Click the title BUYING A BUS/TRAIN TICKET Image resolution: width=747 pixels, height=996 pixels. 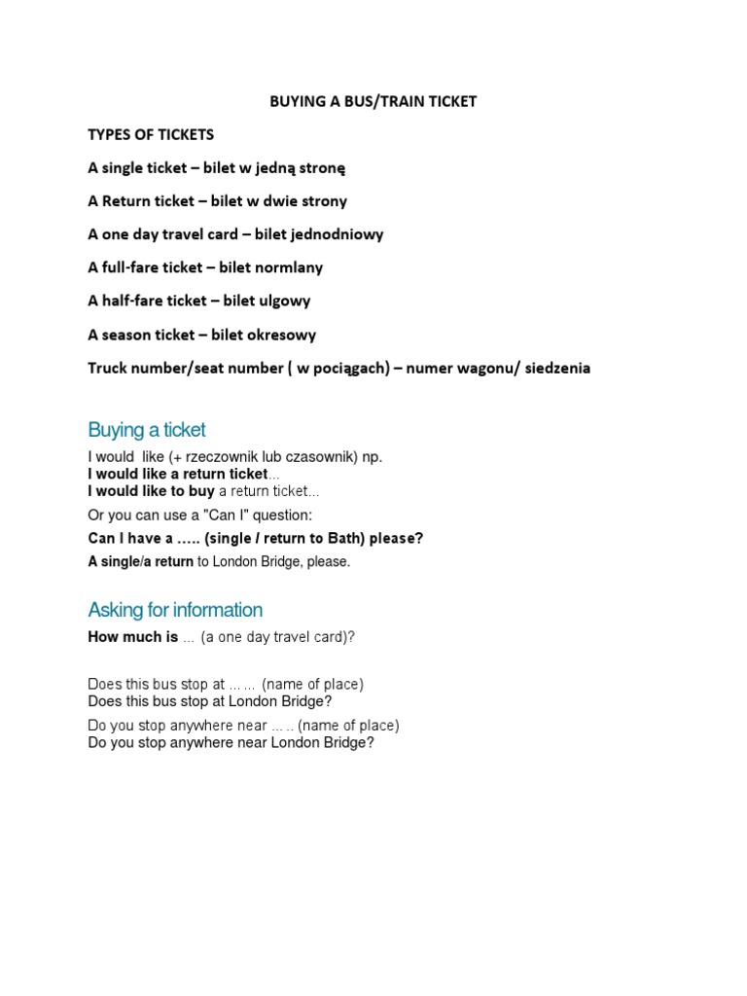click(x=373, y=101)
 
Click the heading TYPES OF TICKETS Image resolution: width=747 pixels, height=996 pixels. click(x=151, y=134)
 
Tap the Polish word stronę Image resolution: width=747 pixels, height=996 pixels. click(x=320, y=167)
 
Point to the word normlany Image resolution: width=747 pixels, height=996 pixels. click(x=288, y=267)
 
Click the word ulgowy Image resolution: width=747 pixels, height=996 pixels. click(x=283, y=301)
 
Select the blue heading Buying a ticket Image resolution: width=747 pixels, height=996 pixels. click(x=147, y=430)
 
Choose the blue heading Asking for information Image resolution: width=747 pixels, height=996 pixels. click(x=175, y=610)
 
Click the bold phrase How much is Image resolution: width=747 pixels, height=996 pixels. click(x=133, y=637)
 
